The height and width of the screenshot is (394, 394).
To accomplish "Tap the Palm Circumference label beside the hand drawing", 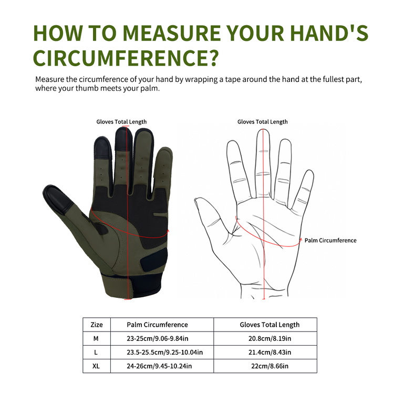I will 330,241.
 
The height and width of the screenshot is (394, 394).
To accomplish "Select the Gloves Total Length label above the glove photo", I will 121,122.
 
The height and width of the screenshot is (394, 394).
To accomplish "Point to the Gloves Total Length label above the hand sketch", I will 262,122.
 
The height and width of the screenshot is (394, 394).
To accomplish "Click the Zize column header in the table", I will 97,325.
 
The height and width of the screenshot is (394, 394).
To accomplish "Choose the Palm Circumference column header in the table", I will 157,325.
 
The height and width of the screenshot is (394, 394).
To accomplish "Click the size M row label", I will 96,338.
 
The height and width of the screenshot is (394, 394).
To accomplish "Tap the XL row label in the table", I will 96,366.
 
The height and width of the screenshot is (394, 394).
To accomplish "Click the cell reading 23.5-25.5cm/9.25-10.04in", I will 164,352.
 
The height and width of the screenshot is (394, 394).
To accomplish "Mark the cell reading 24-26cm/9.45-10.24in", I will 159,366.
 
